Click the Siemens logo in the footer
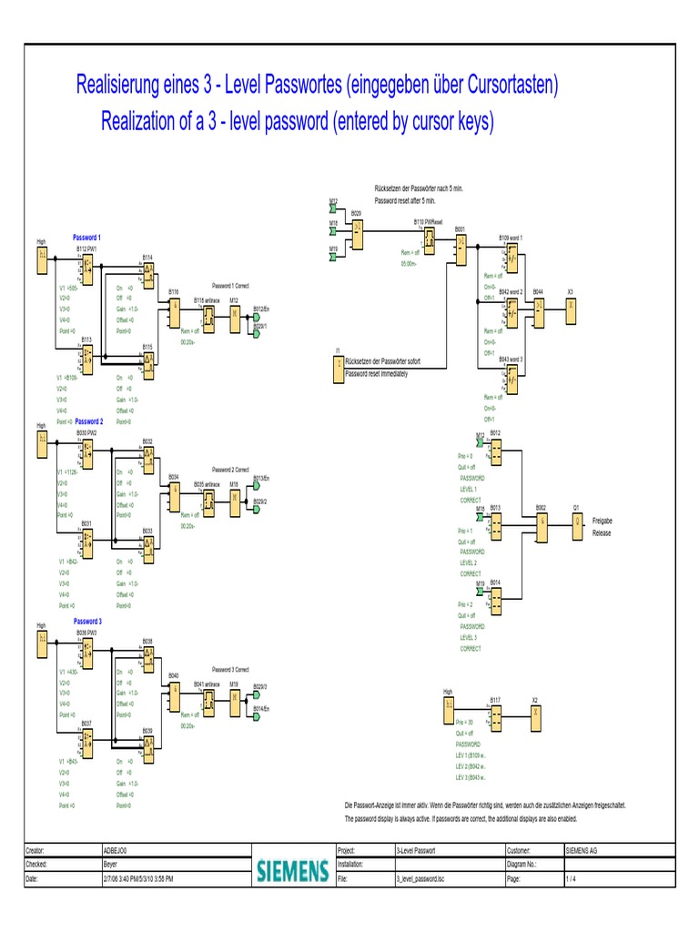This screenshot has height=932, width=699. [x=291, y=872]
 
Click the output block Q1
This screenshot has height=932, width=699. [x=576, y=522]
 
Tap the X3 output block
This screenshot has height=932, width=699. [x=571, y=307]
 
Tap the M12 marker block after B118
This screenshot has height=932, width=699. [x=234, y=314]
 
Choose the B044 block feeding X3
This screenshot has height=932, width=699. [x=539, y=307]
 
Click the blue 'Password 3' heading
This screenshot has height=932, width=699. [x=87, y=621]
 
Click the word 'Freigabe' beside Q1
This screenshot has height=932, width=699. [x=603, y=521]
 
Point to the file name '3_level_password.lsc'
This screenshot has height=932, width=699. [x=420, y=880]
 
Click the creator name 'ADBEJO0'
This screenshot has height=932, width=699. [x=118, y=849]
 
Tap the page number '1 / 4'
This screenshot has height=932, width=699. [x=571, y=880]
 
